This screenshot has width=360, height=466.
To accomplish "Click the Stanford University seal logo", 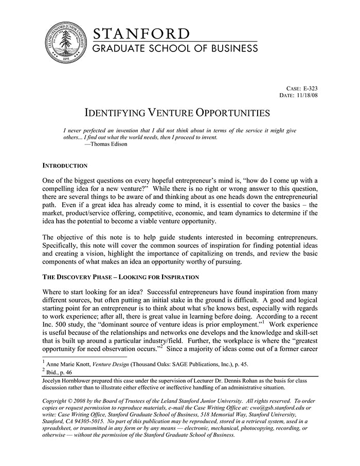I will click(x=65, y=44).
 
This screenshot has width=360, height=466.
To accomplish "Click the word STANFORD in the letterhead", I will click(x=141, y=34).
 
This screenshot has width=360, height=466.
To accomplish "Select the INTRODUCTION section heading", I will click(x=65, y=166).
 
